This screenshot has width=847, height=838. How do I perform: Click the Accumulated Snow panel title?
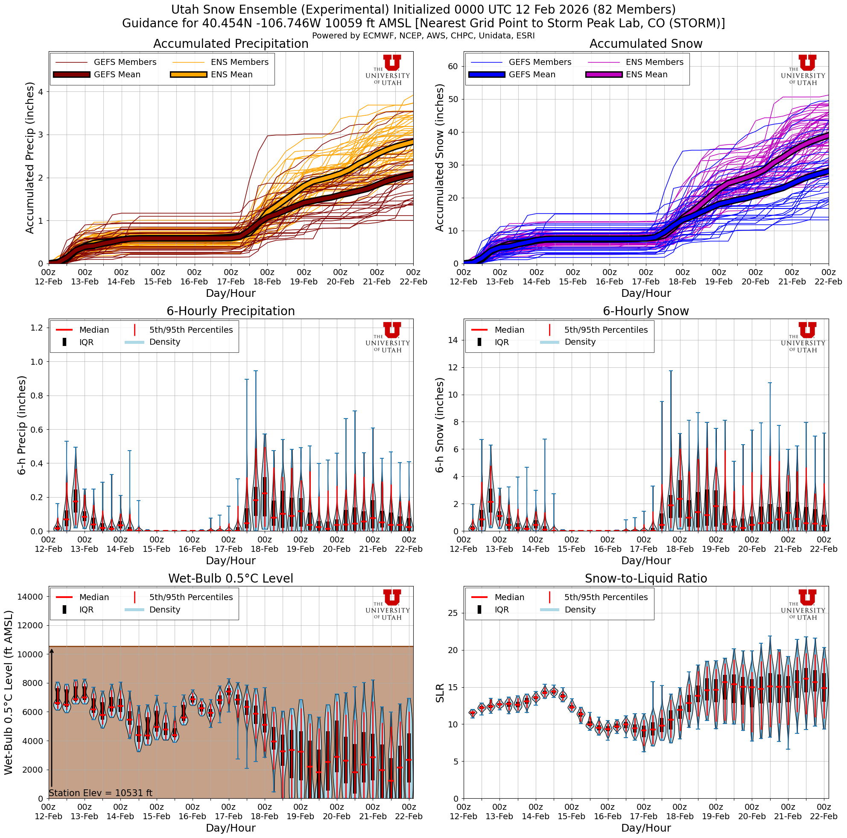645,44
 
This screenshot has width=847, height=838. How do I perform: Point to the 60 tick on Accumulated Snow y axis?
453,66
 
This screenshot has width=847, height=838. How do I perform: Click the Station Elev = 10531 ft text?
100,793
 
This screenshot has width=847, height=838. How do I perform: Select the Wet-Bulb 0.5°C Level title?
231,578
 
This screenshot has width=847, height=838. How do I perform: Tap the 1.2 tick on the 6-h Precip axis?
37,328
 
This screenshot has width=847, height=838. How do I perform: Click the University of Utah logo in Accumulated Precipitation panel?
388,70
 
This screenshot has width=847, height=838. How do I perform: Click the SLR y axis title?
440,693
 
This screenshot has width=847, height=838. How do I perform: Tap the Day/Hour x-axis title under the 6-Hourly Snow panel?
645,560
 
